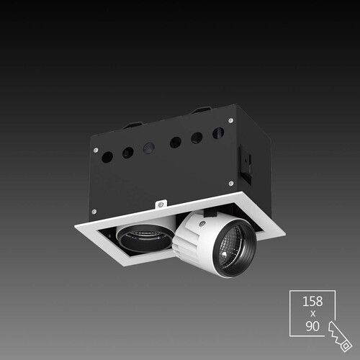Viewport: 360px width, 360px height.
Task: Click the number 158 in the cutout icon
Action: click(312, 302)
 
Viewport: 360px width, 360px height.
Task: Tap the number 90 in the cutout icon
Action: click(312, 326)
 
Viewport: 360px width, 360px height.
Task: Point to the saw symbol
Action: click(339, 336)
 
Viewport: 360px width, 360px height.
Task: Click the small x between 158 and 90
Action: click(312, 314)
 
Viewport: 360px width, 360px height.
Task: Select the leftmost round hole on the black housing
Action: click(107, 157)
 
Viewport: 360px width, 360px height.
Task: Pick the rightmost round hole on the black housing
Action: click(218, 133)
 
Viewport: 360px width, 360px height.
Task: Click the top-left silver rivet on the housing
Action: click(96, 150)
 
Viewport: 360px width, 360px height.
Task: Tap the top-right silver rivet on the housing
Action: click(230, 120)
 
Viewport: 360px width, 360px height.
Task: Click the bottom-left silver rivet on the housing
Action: click(94, 212)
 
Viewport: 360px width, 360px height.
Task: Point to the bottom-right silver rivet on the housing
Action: click(231, 184)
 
